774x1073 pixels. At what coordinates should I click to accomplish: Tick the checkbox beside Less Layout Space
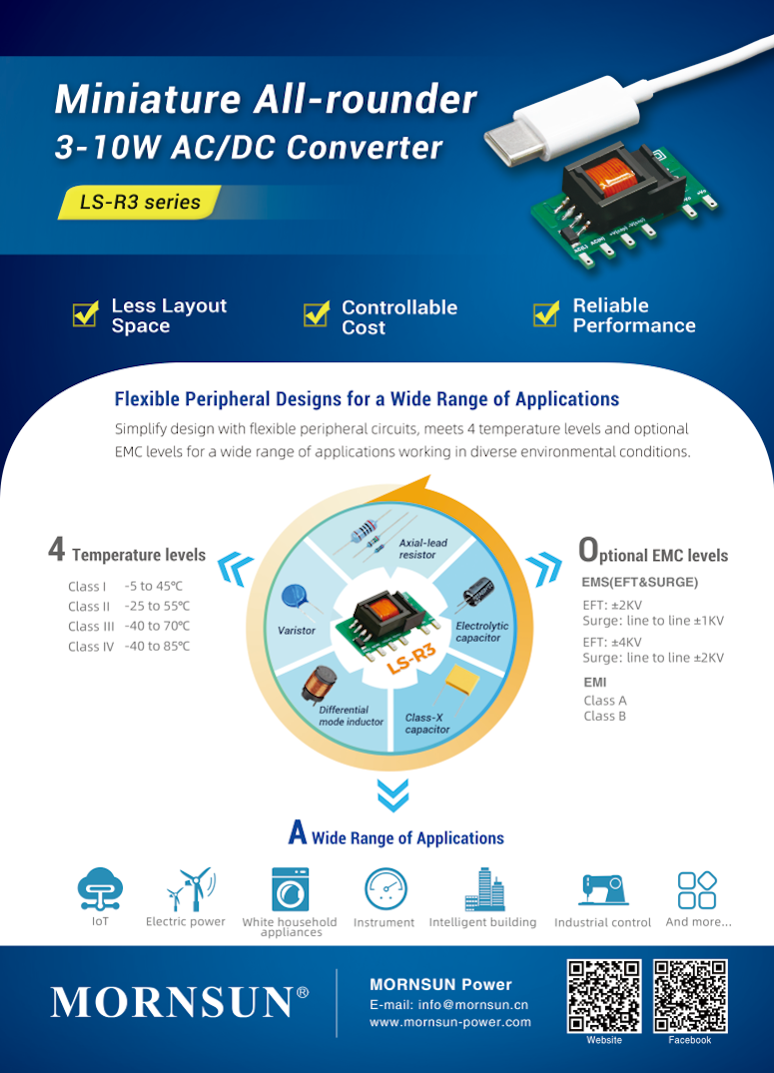pos(85,314)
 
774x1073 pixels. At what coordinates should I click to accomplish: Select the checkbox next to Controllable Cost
pos(316,314)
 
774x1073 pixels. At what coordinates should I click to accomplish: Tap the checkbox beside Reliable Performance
pos(545,314)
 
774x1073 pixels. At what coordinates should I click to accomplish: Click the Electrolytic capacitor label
pos(481,632)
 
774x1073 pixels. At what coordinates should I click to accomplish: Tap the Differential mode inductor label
pos(351,716)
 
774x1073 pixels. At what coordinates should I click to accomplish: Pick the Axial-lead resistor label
pos(422,549)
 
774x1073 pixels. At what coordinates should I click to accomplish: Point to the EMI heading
pos(594,682)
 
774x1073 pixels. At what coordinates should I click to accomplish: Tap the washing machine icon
pos(290,888)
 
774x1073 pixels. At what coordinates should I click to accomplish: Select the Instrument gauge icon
pos(386,888)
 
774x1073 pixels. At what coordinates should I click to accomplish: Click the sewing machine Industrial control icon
pos(603,888)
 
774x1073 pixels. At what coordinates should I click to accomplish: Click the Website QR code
pos(603,996)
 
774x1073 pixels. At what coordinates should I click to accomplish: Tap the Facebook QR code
pos(690,996)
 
